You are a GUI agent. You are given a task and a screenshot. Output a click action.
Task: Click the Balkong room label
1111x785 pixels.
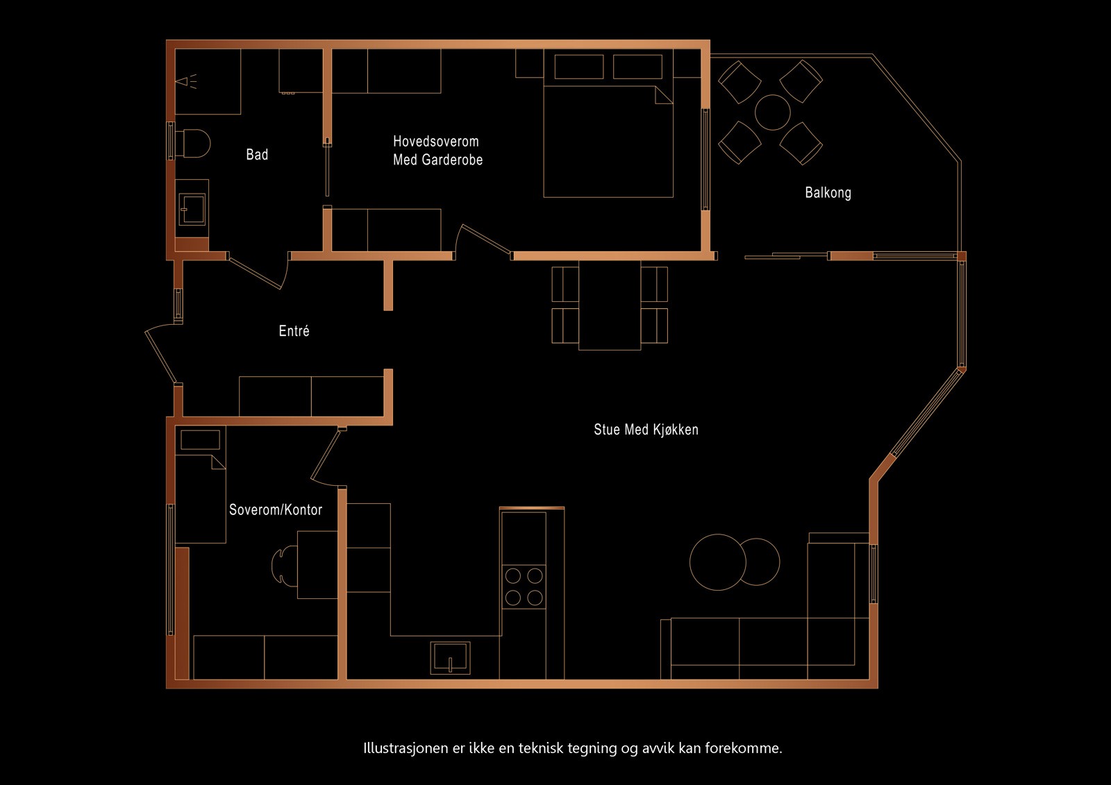click(828, 192)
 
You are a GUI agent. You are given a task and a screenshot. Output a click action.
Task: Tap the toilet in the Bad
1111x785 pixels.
click(194, 143)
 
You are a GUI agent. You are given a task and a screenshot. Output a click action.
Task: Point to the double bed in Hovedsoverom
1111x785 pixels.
click(608, 142)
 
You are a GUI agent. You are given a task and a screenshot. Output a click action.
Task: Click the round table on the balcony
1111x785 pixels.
click(772, 112)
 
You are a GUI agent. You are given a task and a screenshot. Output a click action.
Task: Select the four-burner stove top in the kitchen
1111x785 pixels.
click(524, 586)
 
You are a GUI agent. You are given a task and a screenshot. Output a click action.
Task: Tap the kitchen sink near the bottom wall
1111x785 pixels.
click(450, 658)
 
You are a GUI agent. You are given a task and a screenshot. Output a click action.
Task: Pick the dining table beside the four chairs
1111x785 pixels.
click(610, 305)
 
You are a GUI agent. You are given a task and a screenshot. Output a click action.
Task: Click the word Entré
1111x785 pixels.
click(294, 331)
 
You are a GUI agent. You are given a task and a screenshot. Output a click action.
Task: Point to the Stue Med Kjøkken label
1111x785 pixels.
click(646, 430)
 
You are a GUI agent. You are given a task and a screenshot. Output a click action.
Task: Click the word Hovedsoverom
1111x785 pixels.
click(435, 142)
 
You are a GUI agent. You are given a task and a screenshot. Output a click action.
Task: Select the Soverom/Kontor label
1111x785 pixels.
click(276, 510)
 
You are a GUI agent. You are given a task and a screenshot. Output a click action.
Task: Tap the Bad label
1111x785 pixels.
click(257, 154)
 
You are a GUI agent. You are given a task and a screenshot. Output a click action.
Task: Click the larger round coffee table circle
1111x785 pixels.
click(717, 562)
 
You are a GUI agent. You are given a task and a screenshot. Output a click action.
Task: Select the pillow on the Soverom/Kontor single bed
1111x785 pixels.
click(200, 439)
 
